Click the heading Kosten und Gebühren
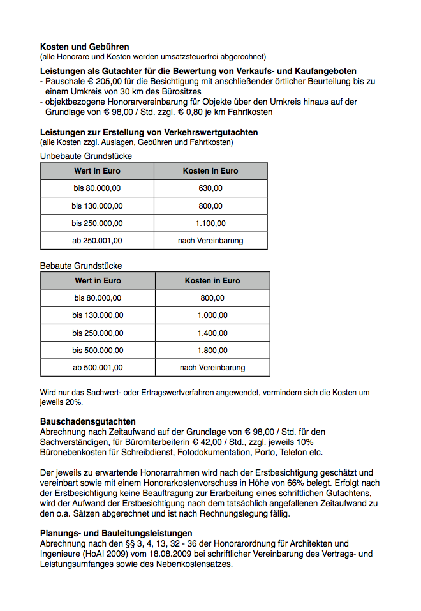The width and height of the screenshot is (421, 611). tap(85, 47)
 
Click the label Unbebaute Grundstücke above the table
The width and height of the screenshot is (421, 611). tap(86, 155)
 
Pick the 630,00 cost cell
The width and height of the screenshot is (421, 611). tap(211, 188)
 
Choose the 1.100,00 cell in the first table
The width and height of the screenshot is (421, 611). tap(211, 223)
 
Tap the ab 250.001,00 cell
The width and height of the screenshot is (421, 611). tap(97, 241)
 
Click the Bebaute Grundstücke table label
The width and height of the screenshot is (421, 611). tap(81, 265)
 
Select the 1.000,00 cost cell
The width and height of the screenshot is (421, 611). tap(212, 315)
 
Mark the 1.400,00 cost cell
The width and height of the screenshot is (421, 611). tap(212, 333)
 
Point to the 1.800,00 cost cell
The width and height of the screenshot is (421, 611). tap(212, 351)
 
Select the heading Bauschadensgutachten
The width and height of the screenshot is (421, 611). tap(88, 422)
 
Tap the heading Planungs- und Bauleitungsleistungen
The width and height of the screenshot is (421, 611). tap(116, 533)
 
